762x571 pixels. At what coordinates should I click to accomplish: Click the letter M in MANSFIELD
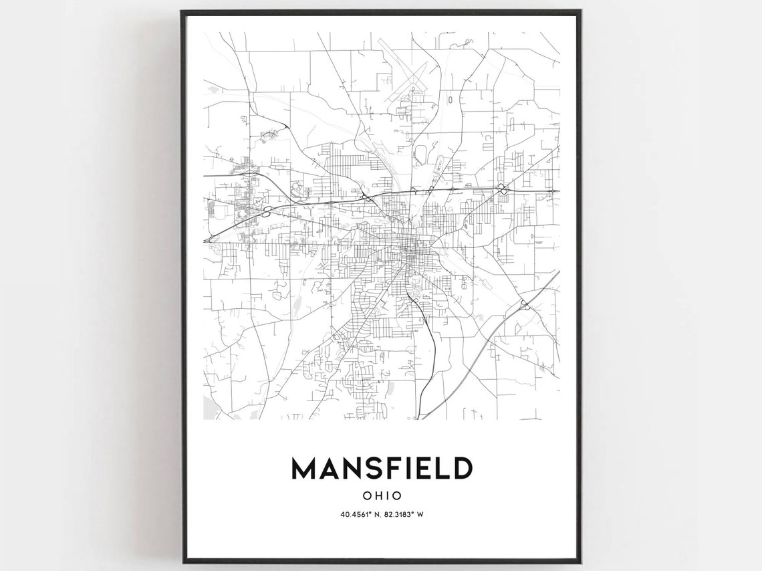pos(304,469)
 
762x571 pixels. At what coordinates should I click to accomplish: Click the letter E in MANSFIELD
pos(426,469)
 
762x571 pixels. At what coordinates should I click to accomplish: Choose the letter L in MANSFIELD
pos(442,469)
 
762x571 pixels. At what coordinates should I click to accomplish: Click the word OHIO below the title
pos(382,496)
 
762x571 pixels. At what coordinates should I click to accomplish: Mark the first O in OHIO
pos(366,496)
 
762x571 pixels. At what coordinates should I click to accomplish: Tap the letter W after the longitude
pos(422,514)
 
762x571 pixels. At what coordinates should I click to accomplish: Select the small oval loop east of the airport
pos(450,100)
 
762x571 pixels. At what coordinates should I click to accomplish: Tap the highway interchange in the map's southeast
pos(525,306)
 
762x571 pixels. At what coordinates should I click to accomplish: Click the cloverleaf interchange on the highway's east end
pos(501,190)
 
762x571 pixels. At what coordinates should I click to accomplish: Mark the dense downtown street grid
pos(409,251)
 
